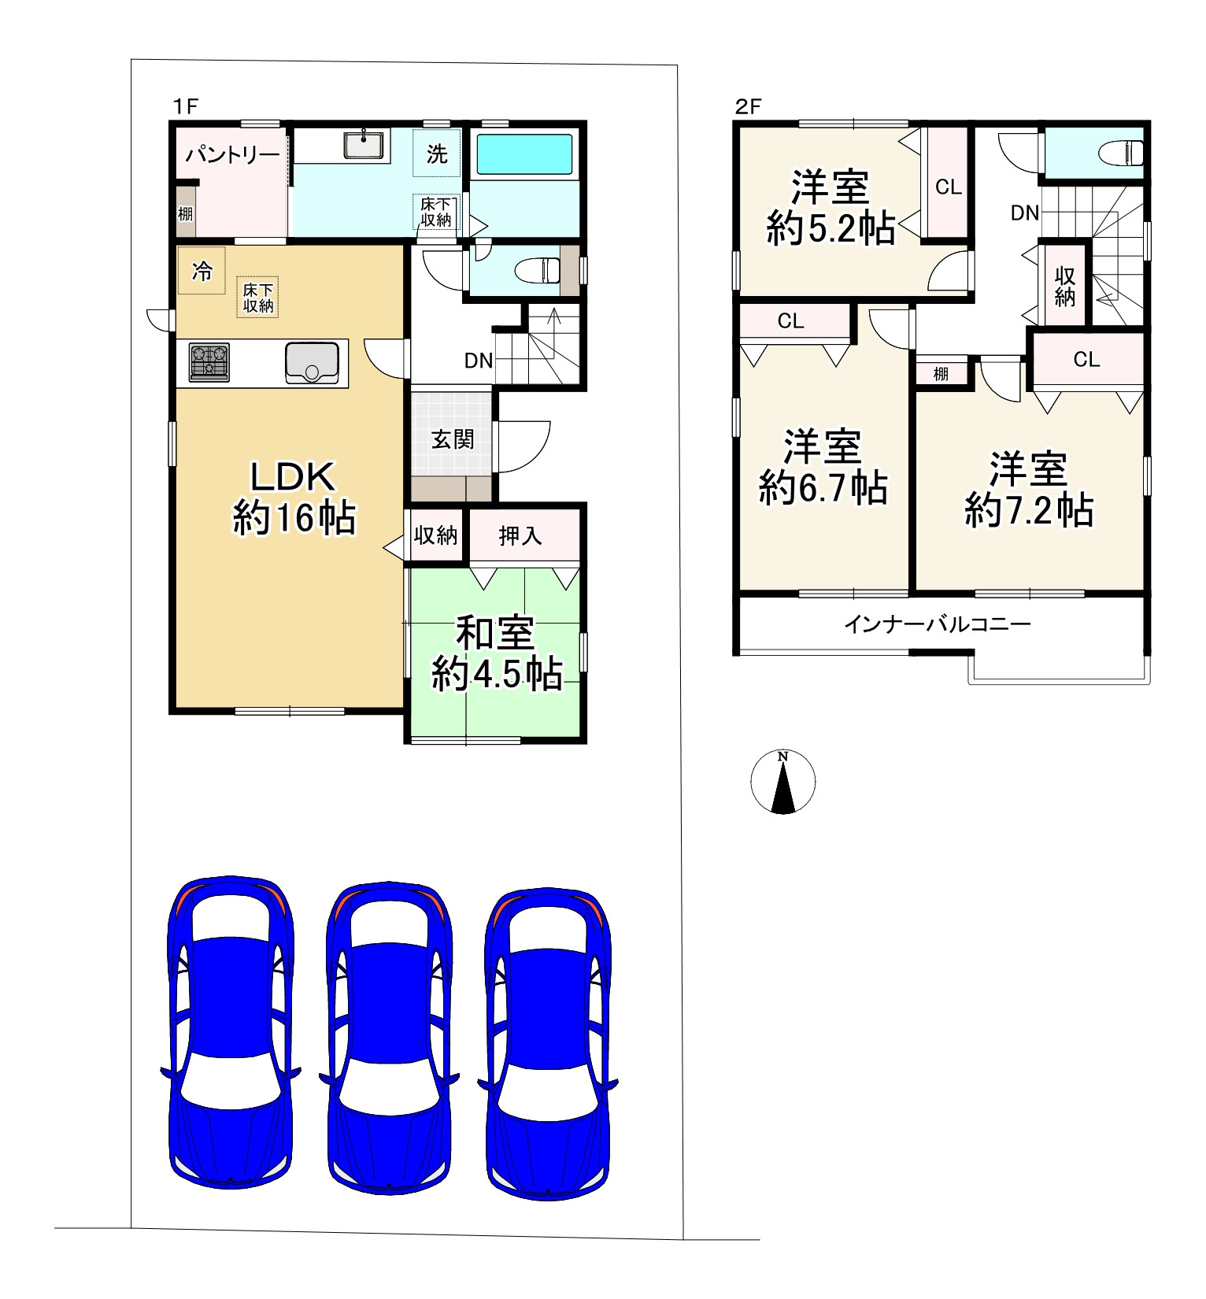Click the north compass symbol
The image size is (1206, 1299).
[782, 782]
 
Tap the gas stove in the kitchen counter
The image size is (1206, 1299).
[209, 363]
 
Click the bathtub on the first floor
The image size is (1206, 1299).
[524, 154]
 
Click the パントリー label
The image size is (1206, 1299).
[232, 154]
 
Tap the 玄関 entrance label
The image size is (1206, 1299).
[453, 439]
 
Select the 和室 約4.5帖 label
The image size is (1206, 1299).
[497, 654]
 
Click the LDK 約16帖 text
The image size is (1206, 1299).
[294, 498]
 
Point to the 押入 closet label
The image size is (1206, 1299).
[520, 535]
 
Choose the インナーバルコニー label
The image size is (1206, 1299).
[937, 625]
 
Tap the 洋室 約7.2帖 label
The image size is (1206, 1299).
[1029, 489]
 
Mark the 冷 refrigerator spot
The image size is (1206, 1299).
[202, 272]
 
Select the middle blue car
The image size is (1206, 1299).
[389, 1033]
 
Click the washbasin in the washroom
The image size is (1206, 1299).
[364, 146]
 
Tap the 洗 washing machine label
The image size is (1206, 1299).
[437, 154]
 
